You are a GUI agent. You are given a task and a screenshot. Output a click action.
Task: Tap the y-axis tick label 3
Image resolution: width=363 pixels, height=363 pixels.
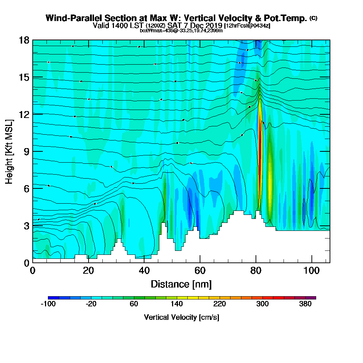26,225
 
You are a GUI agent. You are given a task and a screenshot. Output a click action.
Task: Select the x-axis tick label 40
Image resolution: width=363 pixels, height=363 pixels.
144,270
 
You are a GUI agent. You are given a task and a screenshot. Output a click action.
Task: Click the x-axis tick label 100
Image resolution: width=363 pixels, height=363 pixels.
311,270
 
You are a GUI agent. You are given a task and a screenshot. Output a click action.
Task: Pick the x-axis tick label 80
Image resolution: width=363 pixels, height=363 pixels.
256,270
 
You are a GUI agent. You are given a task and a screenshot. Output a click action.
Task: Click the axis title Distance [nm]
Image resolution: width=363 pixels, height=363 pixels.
181,284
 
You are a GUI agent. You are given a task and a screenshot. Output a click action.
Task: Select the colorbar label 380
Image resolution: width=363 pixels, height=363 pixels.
306,304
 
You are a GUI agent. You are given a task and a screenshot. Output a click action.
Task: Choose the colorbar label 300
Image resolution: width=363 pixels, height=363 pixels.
263,304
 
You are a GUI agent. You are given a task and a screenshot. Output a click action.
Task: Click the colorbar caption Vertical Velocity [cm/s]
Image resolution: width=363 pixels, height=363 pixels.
181,317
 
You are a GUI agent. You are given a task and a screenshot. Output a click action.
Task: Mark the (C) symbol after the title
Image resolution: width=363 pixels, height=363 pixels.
313,18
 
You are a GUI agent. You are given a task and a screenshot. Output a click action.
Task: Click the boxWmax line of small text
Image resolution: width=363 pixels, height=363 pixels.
181,30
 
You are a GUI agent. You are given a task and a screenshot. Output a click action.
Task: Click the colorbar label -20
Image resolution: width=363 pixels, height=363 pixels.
91,304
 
